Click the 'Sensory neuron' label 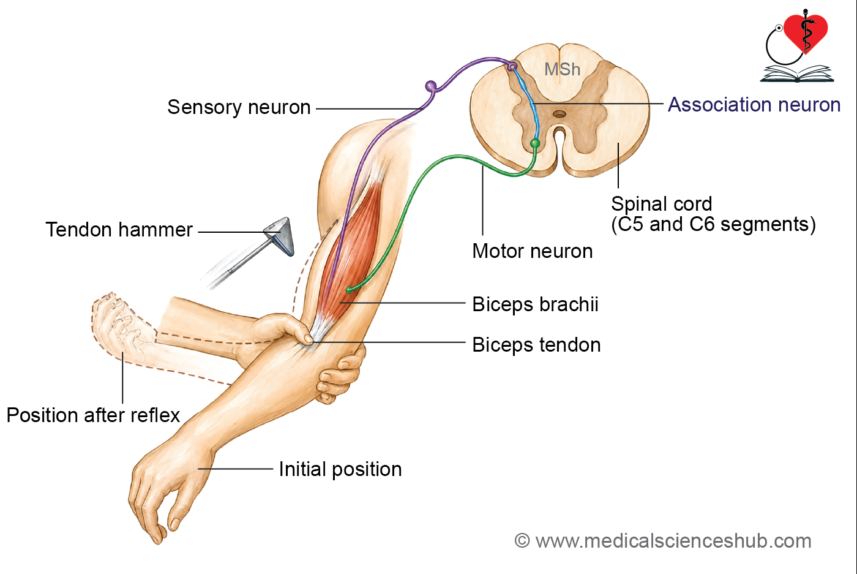click(x=239, y=107)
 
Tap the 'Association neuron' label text click(x=754, y=105)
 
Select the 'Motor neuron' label click(x=532, y=251)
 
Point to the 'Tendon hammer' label click(x=119, y=230)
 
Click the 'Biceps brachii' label click(x=535, y=304)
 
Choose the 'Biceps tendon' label click(x=536, y=345)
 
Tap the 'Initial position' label click(x=340, y=469)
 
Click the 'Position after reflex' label click(x=93, y=415)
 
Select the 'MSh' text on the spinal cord click(x=562, y=69)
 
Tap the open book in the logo click(x=797, y=74)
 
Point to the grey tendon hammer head click(x=280, y=235)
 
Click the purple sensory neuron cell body click(x=431, y=86)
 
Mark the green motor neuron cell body click(x=535, y=143)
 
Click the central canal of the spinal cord click(x=559, y=114)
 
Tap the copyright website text click(x=663, y=541)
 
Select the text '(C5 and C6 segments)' click(x=713, y=224)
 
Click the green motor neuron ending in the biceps click(x=350, y=290)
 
